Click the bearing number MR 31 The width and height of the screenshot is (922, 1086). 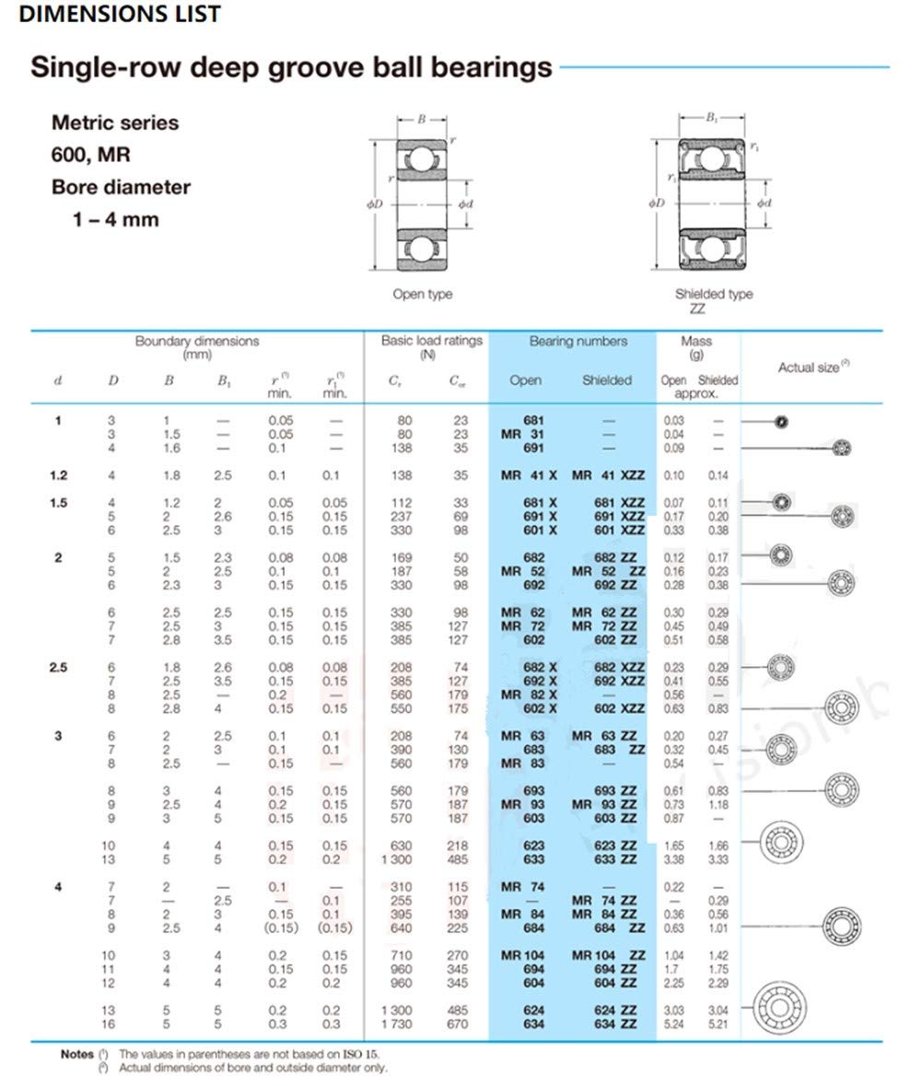click(x=522, y=434)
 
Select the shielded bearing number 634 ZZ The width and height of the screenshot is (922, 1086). click(x=615, y=1023)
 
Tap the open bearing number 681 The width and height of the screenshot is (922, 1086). click(x=533, y=420)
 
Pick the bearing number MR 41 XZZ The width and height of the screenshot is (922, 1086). click(x=608, y=475)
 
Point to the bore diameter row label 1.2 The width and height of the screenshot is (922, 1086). click(x=58, y=475)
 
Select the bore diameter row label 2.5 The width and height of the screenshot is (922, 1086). click(x=58, y=667)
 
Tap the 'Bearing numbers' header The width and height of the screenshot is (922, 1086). click(x=578, y=341)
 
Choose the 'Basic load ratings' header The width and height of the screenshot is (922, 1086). click(x=432, y=341)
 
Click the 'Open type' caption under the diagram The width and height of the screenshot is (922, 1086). click(x=423, y=294)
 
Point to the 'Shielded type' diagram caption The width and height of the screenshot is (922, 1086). click(x=714, y=294)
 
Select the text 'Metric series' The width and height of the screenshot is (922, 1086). click(x=115, y=123)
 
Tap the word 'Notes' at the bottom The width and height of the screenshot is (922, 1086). click(x=76, y=1054)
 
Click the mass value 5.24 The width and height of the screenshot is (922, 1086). click(x=673, y=1023)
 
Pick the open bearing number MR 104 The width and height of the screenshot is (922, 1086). click(x=522, y=955)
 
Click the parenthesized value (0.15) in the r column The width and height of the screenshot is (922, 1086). click(x=281, y=928)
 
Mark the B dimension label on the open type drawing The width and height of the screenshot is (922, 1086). click(x=421, y=119)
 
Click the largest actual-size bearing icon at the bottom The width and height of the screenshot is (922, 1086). click(x=780, y=1006)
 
